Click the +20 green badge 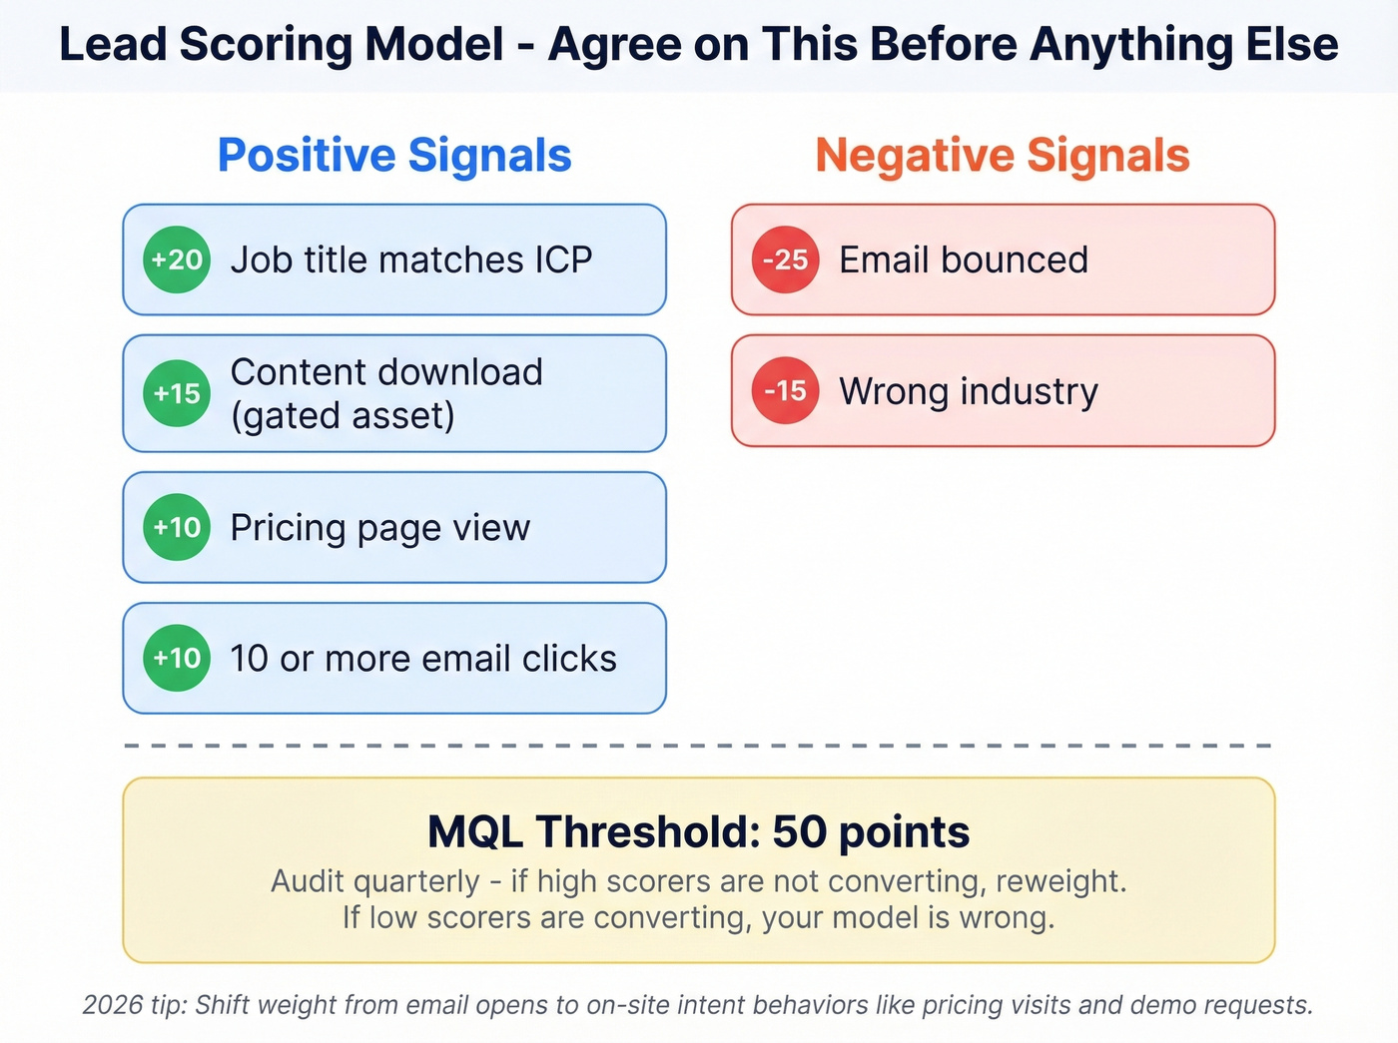[x=177, y=260]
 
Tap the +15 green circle [x=177, y=393]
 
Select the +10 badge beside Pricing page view [x=177, y=527]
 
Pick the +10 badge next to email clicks [x=177, y=658]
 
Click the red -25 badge [x=785, y=260]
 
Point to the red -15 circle [x=785, y=390]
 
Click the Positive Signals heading [x=394, y=156]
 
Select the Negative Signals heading [x=1003, y=156]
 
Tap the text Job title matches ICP [x=411, y=260]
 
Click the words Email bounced [x=964, y=260]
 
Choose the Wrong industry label [x=969, y=391]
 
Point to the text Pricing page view [x=380, y=527]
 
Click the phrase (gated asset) [x=343, y=415]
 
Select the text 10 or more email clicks [x=423, y=659]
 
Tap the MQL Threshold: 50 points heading [x=699, y=831]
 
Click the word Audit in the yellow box [x=307, y=881]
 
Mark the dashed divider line [x=699, y=746]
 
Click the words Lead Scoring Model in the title [x=283, y=45]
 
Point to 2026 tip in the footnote [x=134, y=1005]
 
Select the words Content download [x=386, y=372]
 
